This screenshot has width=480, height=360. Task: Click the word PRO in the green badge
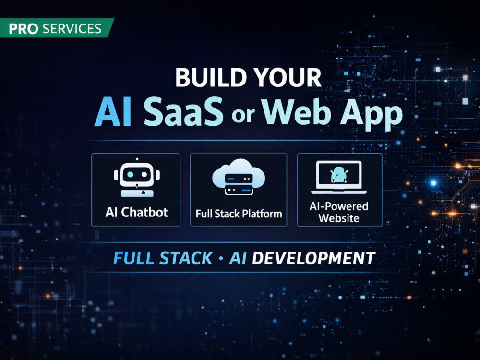pyautogui.click(x=24, y=29)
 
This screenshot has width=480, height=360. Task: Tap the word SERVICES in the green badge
pyautogui.click(x=72, y=29)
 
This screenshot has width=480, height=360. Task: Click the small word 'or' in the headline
pyautogui.click(x=243, y=115)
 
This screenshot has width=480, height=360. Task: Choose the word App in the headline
pyautogui.click(x=372, y=114)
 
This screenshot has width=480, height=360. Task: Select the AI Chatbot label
pyautogui.click(x=136, y=212)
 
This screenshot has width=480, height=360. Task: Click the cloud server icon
pyautogui.click(x=239, y=177)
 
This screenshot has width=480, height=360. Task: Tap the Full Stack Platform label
pyautogui.click(x=239, y=214)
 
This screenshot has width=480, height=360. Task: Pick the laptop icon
pyautogui.click(x=339, y=177)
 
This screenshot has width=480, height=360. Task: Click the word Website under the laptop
pyautogui.click(x=339, y=218)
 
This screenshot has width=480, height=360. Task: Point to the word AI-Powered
pyautogui.click(x=339, y=206)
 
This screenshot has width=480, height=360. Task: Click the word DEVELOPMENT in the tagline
pyautogui.click(x=314, y=258)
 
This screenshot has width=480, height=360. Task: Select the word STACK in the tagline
pyautogui.click(x=186, y=258)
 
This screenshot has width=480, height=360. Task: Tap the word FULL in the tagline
pyautogui.click(x=133, y=258)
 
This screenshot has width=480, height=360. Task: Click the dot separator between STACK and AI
pyautogui.click(x=221, y=258)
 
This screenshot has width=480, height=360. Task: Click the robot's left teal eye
pyautogui.click(x=130, y=175)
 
